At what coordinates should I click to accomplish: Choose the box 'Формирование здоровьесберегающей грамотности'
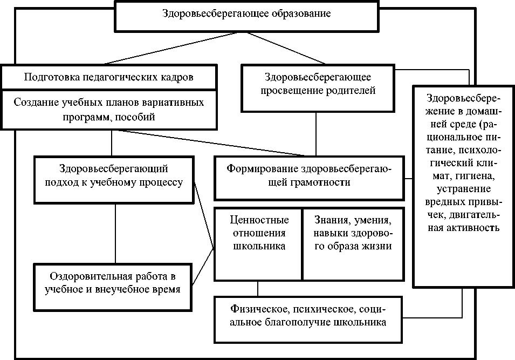310,177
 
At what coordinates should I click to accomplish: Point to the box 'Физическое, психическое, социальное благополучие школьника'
308,318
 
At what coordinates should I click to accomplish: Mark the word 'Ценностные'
259,220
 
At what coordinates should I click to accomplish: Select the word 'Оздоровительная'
91,277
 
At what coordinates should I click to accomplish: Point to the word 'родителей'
365,90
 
